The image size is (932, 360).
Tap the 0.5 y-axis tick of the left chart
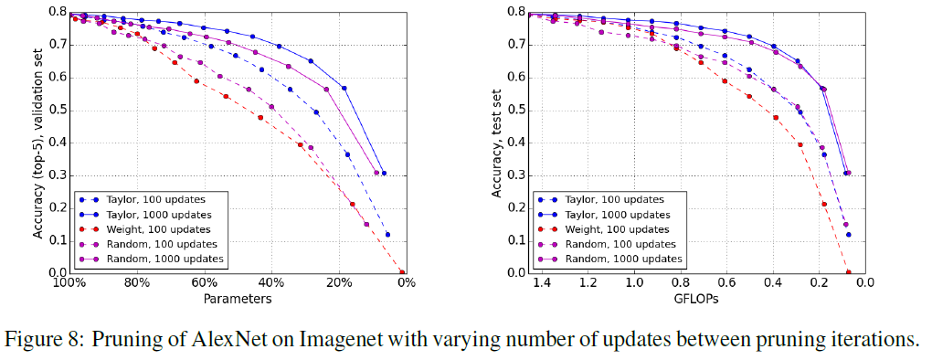tap(57, 110)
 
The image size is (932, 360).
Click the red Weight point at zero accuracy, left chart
tap(402, 272)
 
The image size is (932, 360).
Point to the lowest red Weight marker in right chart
tap(848, 272)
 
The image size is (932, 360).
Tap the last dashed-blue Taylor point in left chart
tap(387, 235)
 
